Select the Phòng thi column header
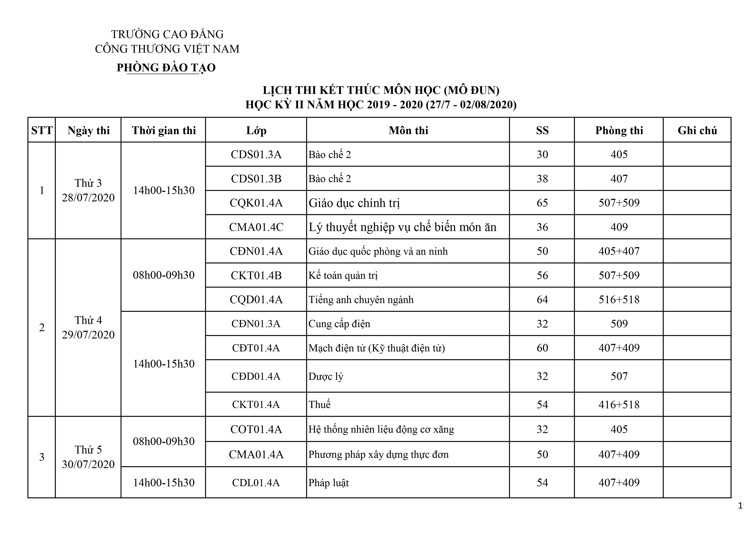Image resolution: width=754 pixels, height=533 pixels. tap(619, 130)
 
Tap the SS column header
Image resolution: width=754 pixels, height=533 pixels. tap(542, 130)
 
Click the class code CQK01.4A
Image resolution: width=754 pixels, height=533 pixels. tap(256, 203)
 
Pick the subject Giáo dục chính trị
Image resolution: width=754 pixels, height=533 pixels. tap(354, 203)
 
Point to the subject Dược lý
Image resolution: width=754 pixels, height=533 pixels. tap(326, 376)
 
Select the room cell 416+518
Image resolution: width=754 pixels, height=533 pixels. tap(619, 404)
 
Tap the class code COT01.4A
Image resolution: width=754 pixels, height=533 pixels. tap(256, 429)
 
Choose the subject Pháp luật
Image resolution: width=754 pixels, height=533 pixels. tap(328, 483)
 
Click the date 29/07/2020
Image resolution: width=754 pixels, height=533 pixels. tap(88, 335)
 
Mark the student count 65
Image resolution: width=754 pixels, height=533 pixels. tap(542, 203)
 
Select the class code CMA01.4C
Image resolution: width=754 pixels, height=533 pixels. tap(256, 227)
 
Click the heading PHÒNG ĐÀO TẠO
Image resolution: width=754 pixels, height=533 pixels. tap(166, 68)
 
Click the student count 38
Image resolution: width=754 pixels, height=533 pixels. tap(542, 179)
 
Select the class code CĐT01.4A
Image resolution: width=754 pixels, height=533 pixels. tap(256, 348)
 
